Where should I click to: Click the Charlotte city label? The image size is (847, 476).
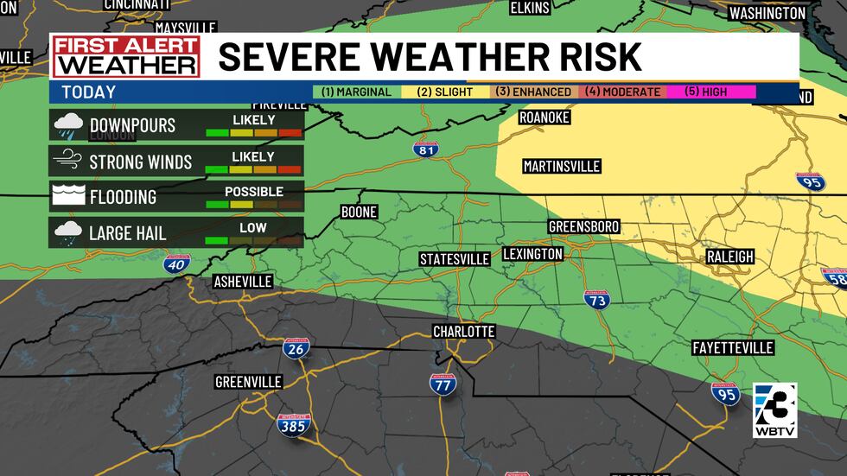(x=463, y=332)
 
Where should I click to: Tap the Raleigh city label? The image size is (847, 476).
(x=729, y=257)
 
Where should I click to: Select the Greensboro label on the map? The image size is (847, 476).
(x=583, y=226)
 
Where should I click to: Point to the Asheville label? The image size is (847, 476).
(x=243, y=282)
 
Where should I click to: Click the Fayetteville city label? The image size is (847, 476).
(x=733, y=347)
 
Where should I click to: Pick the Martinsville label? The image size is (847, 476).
(x=561, y=166)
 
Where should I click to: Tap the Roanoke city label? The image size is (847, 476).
(x=544, y=117)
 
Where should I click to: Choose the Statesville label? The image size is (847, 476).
(x=454, y=259)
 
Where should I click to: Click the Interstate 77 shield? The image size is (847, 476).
(x=443, y=384)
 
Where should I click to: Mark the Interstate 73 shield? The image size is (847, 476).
(x=595, y=300)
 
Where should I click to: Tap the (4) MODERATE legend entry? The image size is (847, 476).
(x=621, y=92)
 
